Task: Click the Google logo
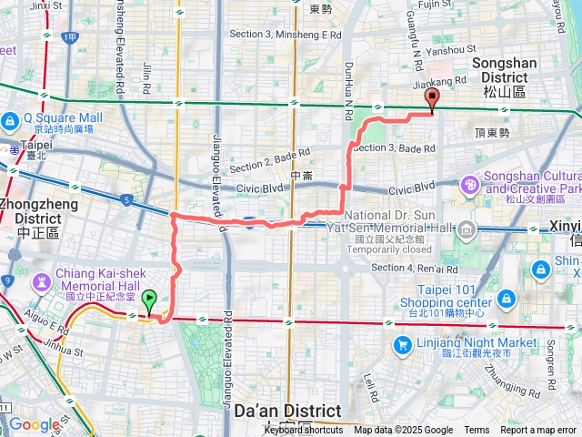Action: coord(34,424)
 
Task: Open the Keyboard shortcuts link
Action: coord(304,431)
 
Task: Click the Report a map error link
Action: coord(538,431)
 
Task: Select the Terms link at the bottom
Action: coord(477,431)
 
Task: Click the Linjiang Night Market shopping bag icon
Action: coord(402,344)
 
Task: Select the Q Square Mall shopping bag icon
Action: coord(9,119)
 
